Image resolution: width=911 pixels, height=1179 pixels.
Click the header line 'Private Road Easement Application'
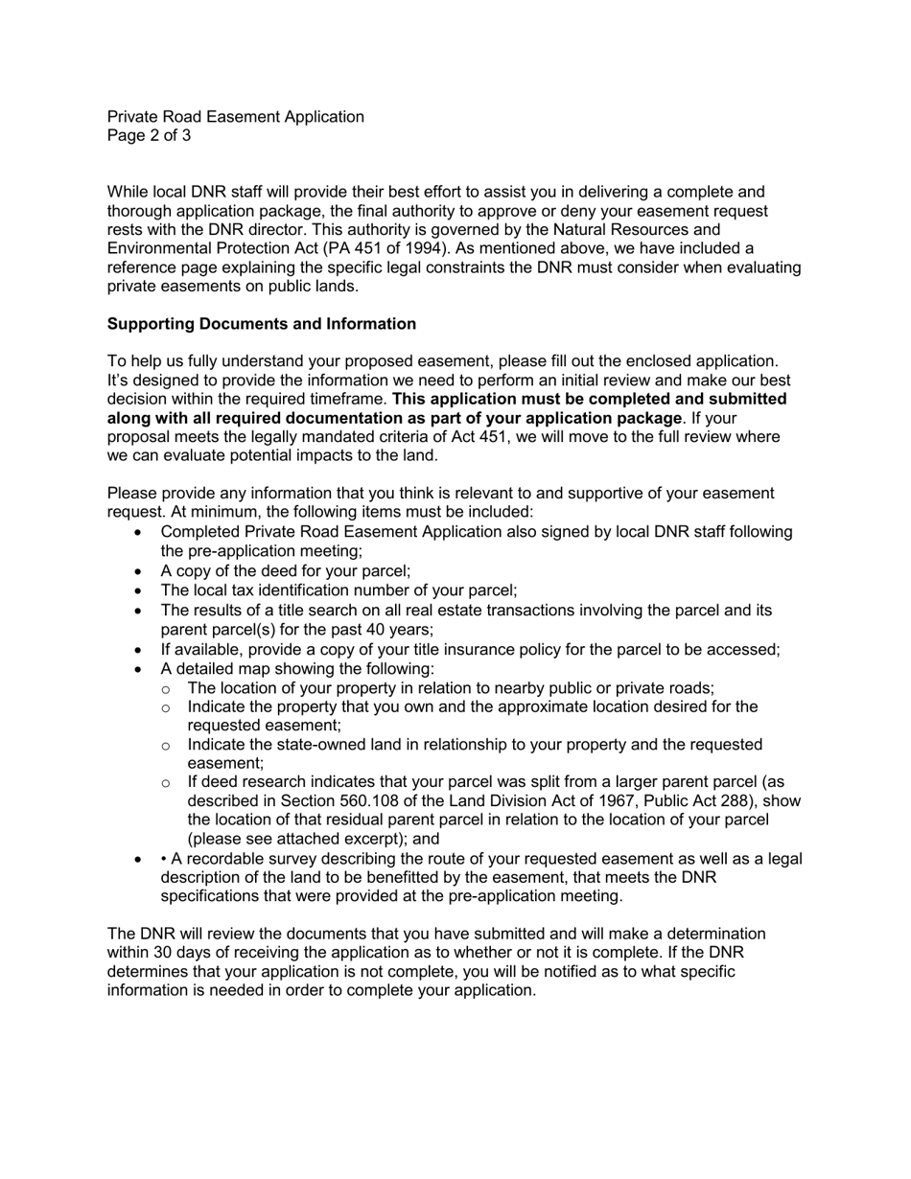point(235,117)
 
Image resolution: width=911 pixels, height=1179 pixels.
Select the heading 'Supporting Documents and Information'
point(261,324)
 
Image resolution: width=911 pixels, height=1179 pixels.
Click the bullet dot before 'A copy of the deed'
point(141,571)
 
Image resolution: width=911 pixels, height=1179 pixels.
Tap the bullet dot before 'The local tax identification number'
point(141,591)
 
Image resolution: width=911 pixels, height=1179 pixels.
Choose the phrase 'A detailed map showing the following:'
point(297,668)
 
